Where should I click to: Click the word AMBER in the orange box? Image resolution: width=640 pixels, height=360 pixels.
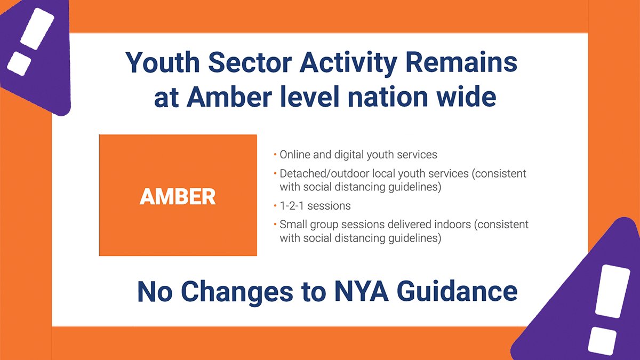[178, 197]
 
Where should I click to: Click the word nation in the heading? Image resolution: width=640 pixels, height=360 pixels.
[385, 98]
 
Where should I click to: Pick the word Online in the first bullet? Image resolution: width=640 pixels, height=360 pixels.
[295, 155]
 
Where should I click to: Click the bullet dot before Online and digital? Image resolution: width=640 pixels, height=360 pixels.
[275, 155]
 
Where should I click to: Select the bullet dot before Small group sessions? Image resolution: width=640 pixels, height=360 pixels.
[275, 225]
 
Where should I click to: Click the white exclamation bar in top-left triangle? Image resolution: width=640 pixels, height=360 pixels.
[38, 30]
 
